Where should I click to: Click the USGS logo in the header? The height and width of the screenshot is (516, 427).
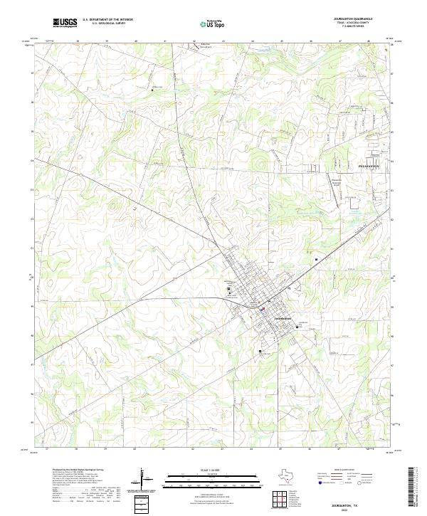tap(65, 23)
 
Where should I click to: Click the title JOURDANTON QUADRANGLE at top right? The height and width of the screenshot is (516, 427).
tap(367, 19)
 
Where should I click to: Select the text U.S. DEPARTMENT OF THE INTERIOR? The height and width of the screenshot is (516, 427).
tap(107, 20)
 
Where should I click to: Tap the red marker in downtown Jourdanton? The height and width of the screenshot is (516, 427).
tap(263, 309)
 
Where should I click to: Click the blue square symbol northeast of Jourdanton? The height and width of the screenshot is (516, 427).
tap(315, 259)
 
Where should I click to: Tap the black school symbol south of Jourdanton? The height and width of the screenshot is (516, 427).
tap(260, 351)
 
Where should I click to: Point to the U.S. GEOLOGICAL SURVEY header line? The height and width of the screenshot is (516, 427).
tap(107, 23)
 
